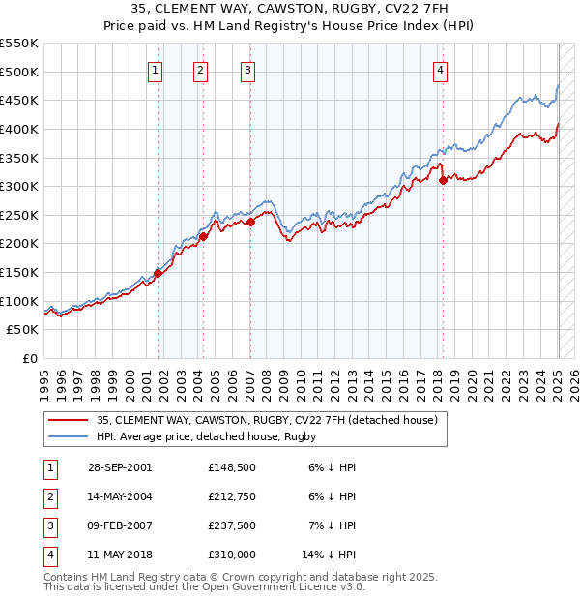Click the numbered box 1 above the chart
pos(156,69)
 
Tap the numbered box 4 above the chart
pos(440,69)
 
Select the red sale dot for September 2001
pos(158,273)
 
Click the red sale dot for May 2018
pos(443,179)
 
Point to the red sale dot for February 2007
pos(250,222)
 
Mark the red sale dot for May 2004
pos(203,236)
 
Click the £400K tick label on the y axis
pos(19,129)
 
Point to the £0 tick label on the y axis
pos(30,359)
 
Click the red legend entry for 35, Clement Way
pos(267,420)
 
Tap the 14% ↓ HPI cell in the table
pos(329,555)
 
